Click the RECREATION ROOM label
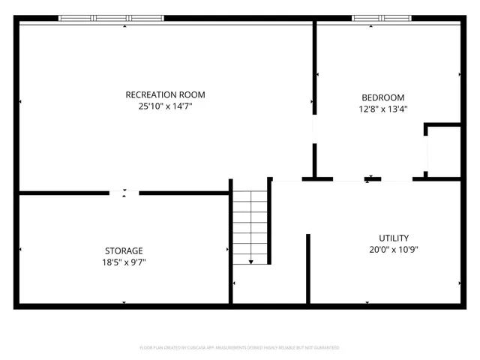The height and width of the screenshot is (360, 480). pos(165,94)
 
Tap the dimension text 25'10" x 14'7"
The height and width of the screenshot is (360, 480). pos(165,106)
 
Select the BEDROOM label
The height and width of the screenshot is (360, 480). pos(382,97)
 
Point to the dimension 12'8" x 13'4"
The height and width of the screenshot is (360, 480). pos(382,109)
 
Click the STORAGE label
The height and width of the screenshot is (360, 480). pos(124,250)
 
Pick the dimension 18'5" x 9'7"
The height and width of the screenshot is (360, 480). pos(124,262)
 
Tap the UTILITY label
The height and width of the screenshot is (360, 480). pos(394,238)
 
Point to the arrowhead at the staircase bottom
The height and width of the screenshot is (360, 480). pos(250,262)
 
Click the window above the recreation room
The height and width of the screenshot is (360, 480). pos(111,17)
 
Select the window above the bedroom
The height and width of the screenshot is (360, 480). pos(382,17)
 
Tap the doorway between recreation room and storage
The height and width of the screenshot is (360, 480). pos(124,193)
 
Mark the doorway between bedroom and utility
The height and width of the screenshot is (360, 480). pos(367,179)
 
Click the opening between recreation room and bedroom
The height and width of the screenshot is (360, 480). pos(314,127)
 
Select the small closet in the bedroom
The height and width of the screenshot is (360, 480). pos(443,151)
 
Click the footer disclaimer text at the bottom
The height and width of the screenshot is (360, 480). pos(240,347)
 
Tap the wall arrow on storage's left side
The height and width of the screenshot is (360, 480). pos(20,250)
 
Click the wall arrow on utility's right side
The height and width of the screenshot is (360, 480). pos(459,283)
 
